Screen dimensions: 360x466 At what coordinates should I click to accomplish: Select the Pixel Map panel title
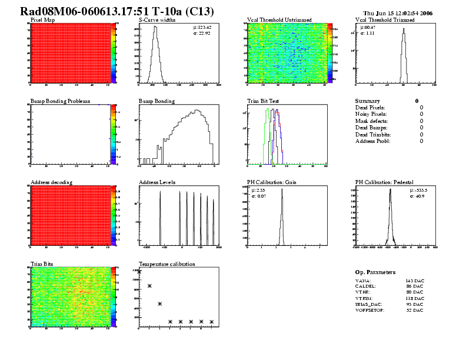[x=42, y=19]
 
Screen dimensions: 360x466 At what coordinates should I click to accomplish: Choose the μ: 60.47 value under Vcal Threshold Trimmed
[x=368, y=27]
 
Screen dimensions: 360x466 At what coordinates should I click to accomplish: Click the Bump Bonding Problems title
[x=60, y=101]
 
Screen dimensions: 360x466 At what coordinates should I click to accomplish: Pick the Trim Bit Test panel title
[x=263, y=101]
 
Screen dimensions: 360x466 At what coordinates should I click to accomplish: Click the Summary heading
[x=368, y=101]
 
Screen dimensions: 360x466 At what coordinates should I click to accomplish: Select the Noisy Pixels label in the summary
[x=372, y=114]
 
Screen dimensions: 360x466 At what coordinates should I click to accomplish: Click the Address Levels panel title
[x=157, y=182]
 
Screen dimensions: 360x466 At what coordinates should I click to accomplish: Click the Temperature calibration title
[x=167, y=264]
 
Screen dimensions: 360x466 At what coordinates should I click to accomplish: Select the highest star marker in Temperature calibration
[x=139, y=272]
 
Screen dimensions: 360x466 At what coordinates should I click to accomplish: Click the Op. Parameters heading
[x=375, y=272]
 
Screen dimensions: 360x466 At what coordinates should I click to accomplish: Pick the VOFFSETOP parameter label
[x=370, y=310]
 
